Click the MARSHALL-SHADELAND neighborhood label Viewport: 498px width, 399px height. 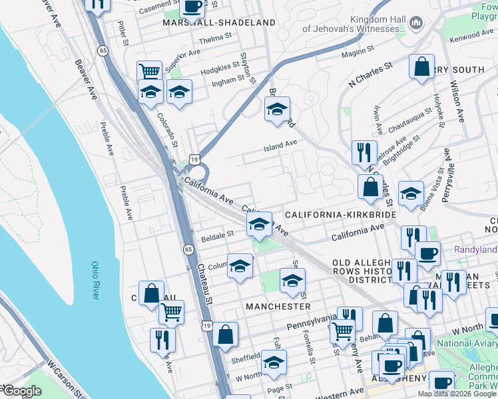pos(218,23)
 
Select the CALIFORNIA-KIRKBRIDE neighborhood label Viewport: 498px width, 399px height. pos(340,215)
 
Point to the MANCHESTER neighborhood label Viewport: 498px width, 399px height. pos(278,307)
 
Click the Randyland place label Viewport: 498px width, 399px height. pos(475,250)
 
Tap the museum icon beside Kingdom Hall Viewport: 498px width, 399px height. pos(417,23)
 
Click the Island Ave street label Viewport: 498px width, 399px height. pos(281,144)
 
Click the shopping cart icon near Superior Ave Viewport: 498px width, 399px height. pos(150,70)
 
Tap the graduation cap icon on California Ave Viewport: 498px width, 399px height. pos(259,224)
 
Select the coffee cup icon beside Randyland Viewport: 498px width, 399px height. pos(427,253)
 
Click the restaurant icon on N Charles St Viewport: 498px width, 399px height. pos(364,152)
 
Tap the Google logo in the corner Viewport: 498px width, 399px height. pos(21,392)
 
